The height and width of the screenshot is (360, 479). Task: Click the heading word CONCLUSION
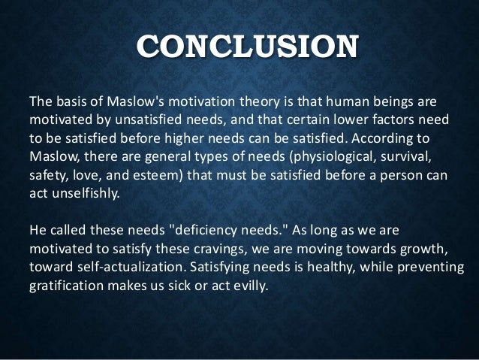[239, 46]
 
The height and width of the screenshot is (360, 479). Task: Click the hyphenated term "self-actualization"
[122, 266]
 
